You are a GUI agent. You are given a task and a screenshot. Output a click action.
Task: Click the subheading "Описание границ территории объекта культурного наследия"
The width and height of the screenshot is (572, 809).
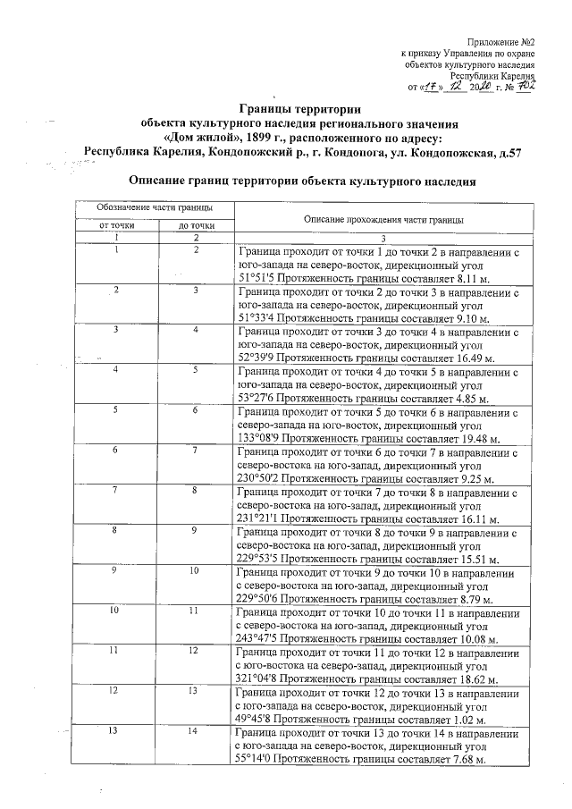(x=302, y=180)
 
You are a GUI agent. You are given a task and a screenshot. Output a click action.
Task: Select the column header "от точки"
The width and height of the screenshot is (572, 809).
(x=116, y=226)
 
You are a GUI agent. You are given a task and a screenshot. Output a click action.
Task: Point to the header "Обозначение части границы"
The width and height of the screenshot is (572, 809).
(x=156, y=207)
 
